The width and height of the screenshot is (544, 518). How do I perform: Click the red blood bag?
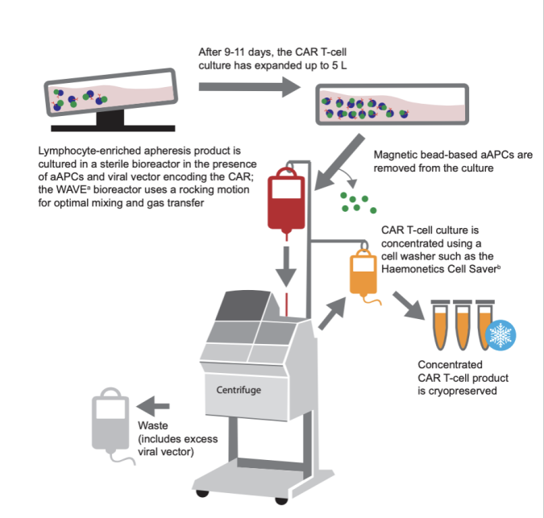tap(287, 201)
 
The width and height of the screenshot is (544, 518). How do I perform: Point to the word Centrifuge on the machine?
tap(239, 390)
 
